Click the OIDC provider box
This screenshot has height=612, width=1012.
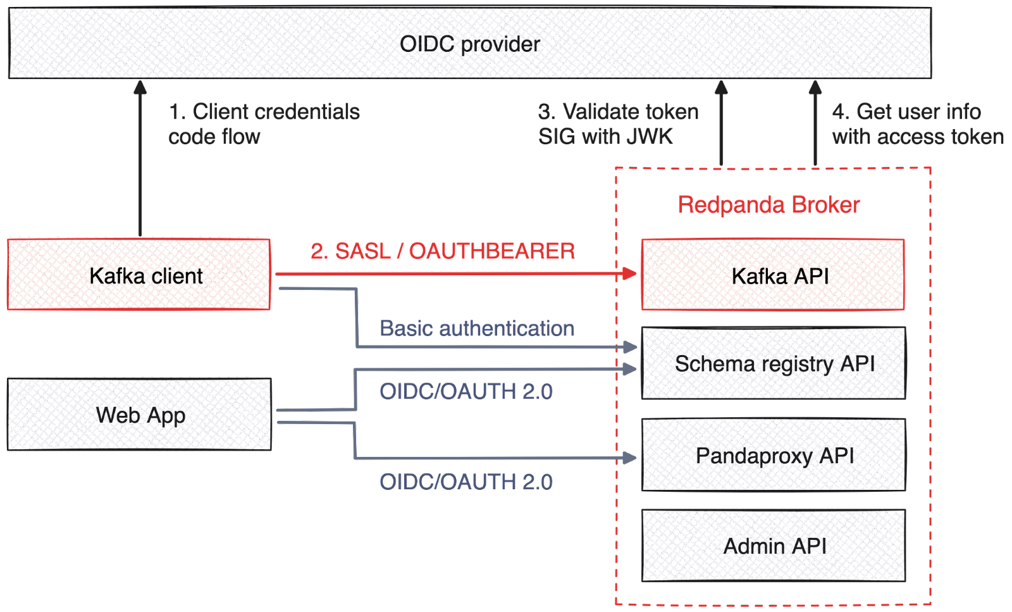click(470, 43)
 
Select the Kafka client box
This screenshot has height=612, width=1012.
click(139, 275)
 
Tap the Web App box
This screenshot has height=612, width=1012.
click(140, 415)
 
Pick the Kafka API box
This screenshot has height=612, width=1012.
click(773, 275)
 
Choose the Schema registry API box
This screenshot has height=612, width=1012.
click(774, 363)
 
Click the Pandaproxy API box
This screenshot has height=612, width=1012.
click(774, 454)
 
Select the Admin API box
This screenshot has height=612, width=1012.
click(774, 546)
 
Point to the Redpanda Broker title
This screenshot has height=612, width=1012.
click(768, 205)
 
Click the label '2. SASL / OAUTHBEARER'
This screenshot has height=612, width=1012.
click(442, 251)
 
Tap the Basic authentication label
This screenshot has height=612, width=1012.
click(476, 328)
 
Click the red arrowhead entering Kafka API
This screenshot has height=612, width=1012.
click(630, 273)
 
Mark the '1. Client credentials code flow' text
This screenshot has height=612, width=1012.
click(263, 124)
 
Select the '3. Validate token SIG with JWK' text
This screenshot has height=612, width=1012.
click(618, 124)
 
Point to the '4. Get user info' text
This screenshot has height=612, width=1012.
click(906, 112)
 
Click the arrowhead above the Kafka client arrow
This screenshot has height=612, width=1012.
click(140, 87)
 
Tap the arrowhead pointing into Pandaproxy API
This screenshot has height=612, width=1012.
click(630, 458)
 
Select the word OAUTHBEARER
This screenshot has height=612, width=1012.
click(491, 251)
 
